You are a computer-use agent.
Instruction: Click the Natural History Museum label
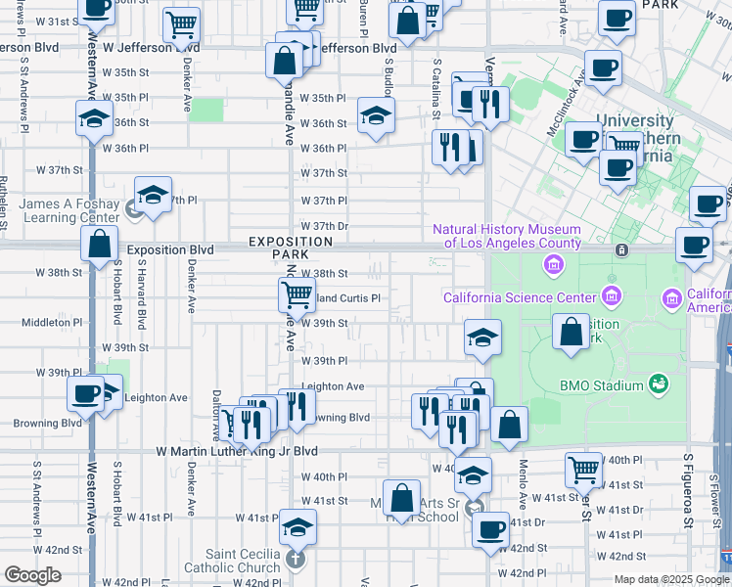pyautogui.click(x=507, y=236)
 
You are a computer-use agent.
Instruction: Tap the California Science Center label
pyautogui.click(x=519, y=297)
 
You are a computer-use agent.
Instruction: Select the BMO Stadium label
pyautogui.click(x=605, y=385)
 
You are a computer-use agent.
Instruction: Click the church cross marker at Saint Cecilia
pyautogui.click(x=296, y=561)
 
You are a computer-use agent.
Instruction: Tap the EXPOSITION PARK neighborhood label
pyautogui.click(x=290, y=248)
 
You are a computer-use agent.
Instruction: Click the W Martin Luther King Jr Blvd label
pyautogui.click(x=238, y=451)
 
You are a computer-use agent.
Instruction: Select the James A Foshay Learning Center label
pyautogui.click(x=69, y=210)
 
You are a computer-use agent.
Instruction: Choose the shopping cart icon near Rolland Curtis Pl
pyautogui.click(x=296, y=293)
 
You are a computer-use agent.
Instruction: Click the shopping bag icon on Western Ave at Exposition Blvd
pyautogui.click(x=100, y=244)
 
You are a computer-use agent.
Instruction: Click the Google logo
pyautogui.click(x=32, y=575)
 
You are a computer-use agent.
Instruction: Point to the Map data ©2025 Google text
pyautogui.click(x=670, y=579)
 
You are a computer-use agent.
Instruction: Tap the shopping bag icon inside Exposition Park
pyautogui.click(x=571, y=332)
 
